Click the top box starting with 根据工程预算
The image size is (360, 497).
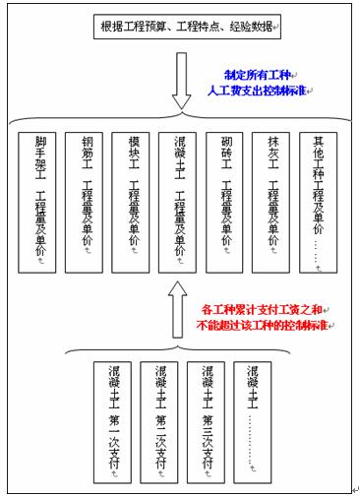coord(188,26)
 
